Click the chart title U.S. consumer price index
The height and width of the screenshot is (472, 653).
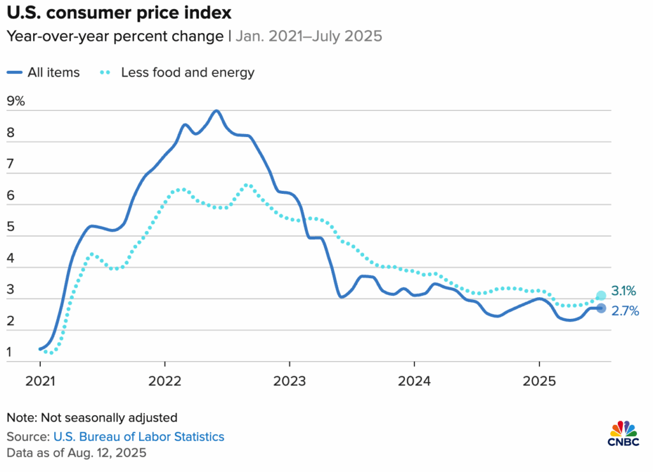119,12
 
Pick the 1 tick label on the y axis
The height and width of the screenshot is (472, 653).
10,351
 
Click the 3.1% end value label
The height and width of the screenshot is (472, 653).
624,291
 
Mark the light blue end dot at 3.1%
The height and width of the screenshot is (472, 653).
601,295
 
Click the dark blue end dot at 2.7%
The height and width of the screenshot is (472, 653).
601,309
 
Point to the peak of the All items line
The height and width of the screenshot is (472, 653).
217,111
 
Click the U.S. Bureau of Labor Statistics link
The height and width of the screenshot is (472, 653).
139,437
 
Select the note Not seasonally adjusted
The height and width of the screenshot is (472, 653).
92,418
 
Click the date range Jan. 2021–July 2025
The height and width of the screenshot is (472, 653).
309,36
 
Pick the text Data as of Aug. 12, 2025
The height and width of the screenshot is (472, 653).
77,453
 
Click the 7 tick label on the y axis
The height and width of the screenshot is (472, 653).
10,163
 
